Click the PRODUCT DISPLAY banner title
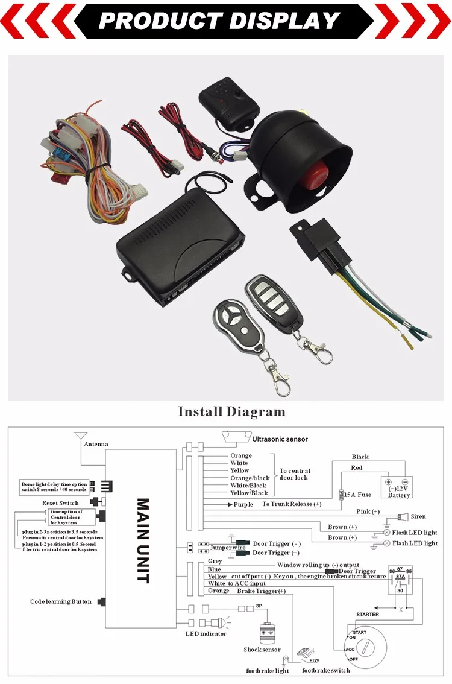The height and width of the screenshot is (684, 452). [x=219, y=21]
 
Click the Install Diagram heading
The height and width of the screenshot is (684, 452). [x=231, y=412]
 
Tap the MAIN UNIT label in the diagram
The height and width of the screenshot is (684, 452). [x=143, y=540]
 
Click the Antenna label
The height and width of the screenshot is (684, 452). [x=96, y=445]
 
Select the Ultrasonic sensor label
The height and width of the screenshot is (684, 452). [x=280, y=440]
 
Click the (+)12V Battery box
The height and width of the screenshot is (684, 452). [x=398, y=487]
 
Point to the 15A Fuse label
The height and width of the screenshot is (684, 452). [x=357, y=495]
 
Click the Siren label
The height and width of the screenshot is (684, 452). [x=418, y=516]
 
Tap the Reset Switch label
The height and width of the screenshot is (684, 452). [x=60, y=502]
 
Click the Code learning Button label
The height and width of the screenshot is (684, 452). [x=61, y=601]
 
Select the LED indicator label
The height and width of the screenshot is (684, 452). [x=206, y=633]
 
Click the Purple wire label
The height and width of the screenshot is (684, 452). [x=243, y=504]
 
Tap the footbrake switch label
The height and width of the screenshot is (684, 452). [x=325, y=670]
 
